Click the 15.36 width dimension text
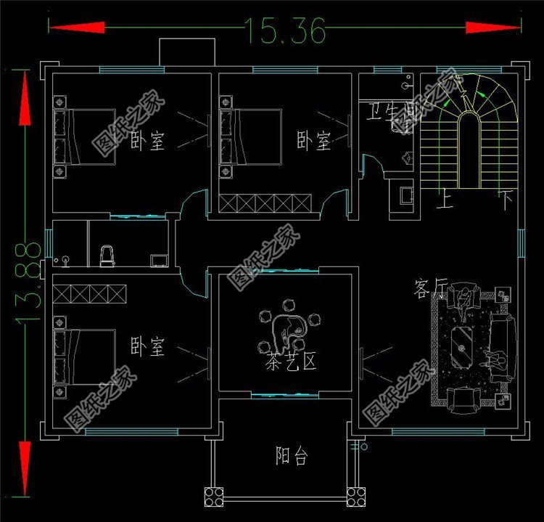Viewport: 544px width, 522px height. click(285, 29)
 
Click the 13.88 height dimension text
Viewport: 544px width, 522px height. click(27, 283)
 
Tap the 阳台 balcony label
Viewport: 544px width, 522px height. click(292, 456)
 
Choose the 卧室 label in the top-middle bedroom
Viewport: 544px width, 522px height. click(313, 140)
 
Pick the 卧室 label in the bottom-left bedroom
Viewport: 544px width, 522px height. click(147, 346)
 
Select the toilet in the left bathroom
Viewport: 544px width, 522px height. click(107, 255)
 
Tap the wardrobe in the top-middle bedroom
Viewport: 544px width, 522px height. click(266, 203)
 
